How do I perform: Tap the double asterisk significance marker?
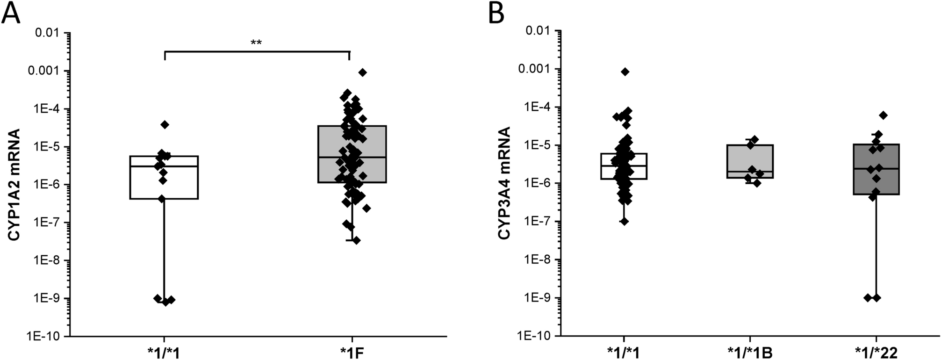coord(256,43)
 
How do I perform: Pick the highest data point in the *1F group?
coord(363,72)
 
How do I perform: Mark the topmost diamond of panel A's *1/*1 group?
coord(165,124)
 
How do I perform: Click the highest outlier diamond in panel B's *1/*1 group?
coord(625,72)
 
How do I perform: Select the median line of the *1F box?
coord(352,158)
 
